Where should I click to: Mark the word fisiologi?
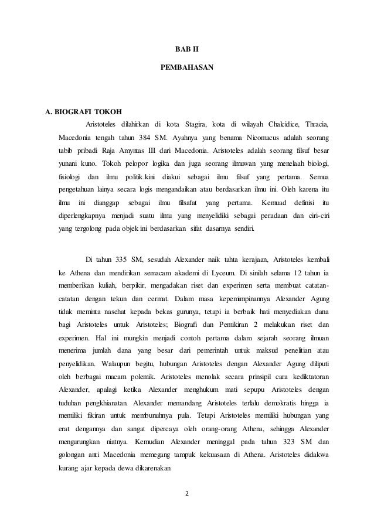(70, 176)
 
